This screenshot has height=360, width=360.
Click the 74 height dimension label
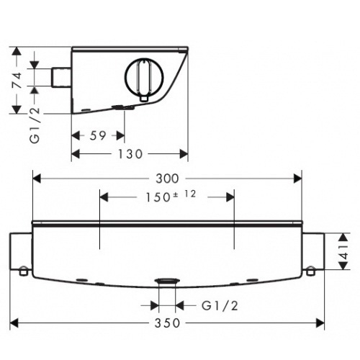[x=17, y=81]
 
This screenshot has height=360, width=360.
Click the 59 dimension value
[x=98, y=135]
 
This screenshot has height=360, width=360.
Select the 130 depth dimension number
[x=130, y=154]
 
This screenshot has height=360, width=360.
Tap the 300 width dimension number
[x=167, y=179]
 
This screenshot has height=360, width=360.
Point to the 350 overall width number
[x=167, y=323]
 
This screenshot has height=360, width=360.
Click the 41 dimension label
[x=344, y=252]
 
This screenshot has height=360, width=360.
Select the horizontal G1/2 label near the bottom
[x=220, y=306]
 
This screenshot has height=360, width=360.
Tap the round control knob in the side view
[x=144, y=77]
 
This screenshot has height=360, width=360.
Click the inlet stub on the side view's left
[x=61, y=77]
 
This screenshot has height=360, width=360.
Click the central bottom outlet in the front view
[x=167, y=282]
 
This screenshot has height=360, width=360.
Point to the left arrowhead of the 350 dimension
[x=14, y=323]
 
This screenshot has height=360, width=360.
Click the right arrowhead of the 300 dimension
[x=298, y=179]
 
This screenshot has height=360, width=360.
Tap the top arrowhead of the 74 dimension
[x=17, y=51]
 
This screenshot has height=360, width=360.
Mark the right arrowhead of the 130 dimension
[x=184, y=154]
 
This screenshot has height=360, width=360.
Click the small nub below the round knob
[x=144, y=99]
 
